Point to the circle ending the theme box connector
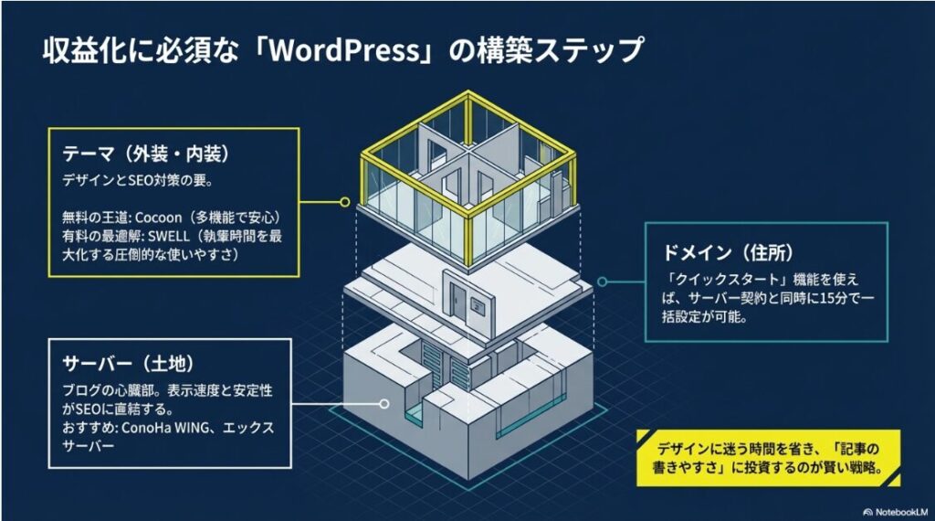tap(344, 200)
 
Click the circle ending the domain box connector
tap(601, 282)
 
